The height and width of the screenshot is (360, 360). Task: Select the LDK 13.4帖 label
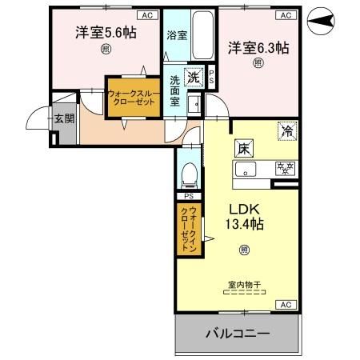click(x=243, y=214)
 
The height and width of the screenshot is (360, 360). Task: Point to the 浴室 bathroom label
click(x=176, y=35)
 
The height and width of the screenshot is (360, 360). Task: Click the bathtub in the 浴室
click(x=203, y=37)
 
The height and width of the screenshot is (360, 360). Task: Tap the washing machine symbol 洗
click(x=193, y=78)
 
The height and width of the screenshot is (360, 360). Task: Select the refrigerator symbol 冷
click(x=286, y=130)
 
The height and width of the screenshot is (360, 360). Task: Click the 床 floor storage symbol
click(x=242, y=148)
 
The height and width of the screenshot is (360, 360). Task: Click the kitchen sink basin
click(x=246, y=169)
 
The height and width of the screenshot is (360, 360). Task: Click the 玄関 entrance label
click(x=63, y=120)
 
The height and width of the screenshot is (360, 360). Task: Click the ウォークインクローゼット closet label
click(x=189, y=230)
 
